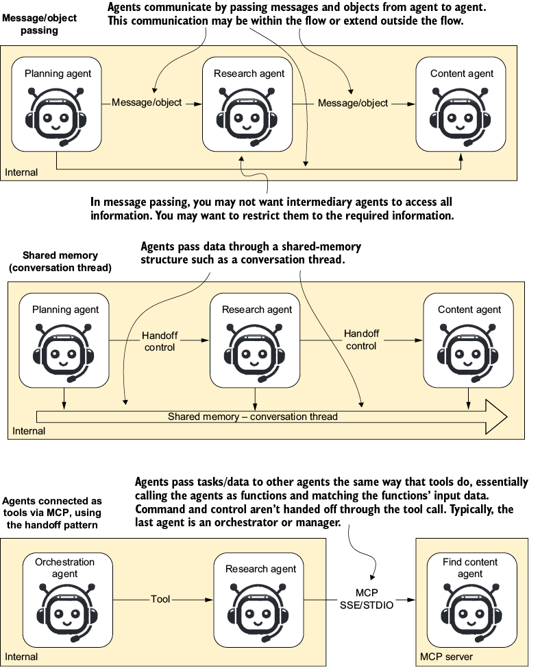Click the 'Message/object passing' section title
coord(39,24)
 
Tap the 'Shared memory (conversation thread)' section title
coord(60,261)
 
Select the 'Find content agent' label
coord(470,568)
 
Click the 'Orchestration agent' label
coord(65,568)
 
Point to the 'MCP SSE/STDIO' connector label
coord(367,598)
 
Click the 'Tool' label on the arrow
coord(160,599)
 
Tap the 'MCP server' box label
coord(446,657)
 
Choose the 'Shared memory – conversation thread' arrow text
coord(253,416)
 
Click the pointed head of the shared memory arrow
coord(506,417)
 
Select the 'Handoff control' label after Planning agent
coord(160,341)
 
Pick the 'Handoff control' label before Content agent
coord(361,340)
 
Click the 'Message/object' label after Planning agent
coord(147,102)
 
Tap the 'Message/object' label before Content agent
coord(353,103)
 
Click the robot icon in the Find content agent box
coord(471,612)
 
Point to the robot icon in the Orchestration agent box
coord(67,613)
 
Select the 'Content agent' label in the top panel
coord(462,73)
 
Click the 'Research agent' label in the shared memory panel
coord(257,309)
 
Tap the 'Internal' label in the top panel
coord(21,172)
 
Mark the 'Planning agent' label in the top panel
coord(58,73)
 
